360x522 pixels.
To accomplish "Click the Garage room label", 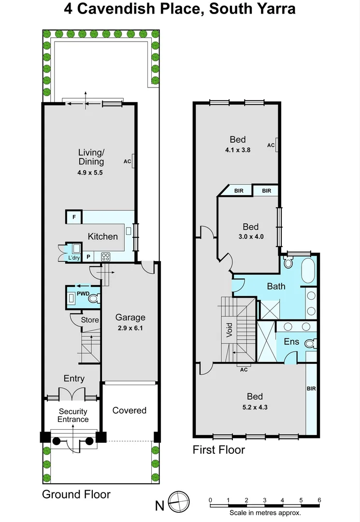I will pos(130,318).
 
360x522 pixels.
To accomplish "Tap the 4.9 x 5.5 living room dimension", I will pos(91,172).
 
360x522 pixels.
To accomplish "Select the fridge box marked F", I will pos(74,217).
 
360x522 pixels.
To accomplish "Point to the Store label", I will pos(90,320).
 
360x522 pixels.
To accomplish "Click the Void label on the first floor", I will pos(230,330).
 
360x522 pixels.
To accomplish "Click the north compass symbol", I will pos(177,500).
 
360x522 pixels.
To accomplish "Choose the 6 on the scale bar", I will pos(319,500).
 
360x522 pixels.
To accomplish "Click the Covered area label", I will pos(129,410).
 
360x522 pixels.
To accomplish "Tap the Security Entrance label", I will pos(73,415).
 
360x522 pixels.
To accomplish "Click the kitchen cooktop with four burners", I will pos(106,257).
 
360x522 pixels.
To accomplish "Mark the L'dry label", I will pos(73,258).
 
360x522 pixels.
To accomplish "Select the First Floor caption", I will pos(219,450).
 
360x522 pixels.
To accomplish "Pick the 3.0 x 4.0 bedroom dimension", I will pos(250,237).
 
